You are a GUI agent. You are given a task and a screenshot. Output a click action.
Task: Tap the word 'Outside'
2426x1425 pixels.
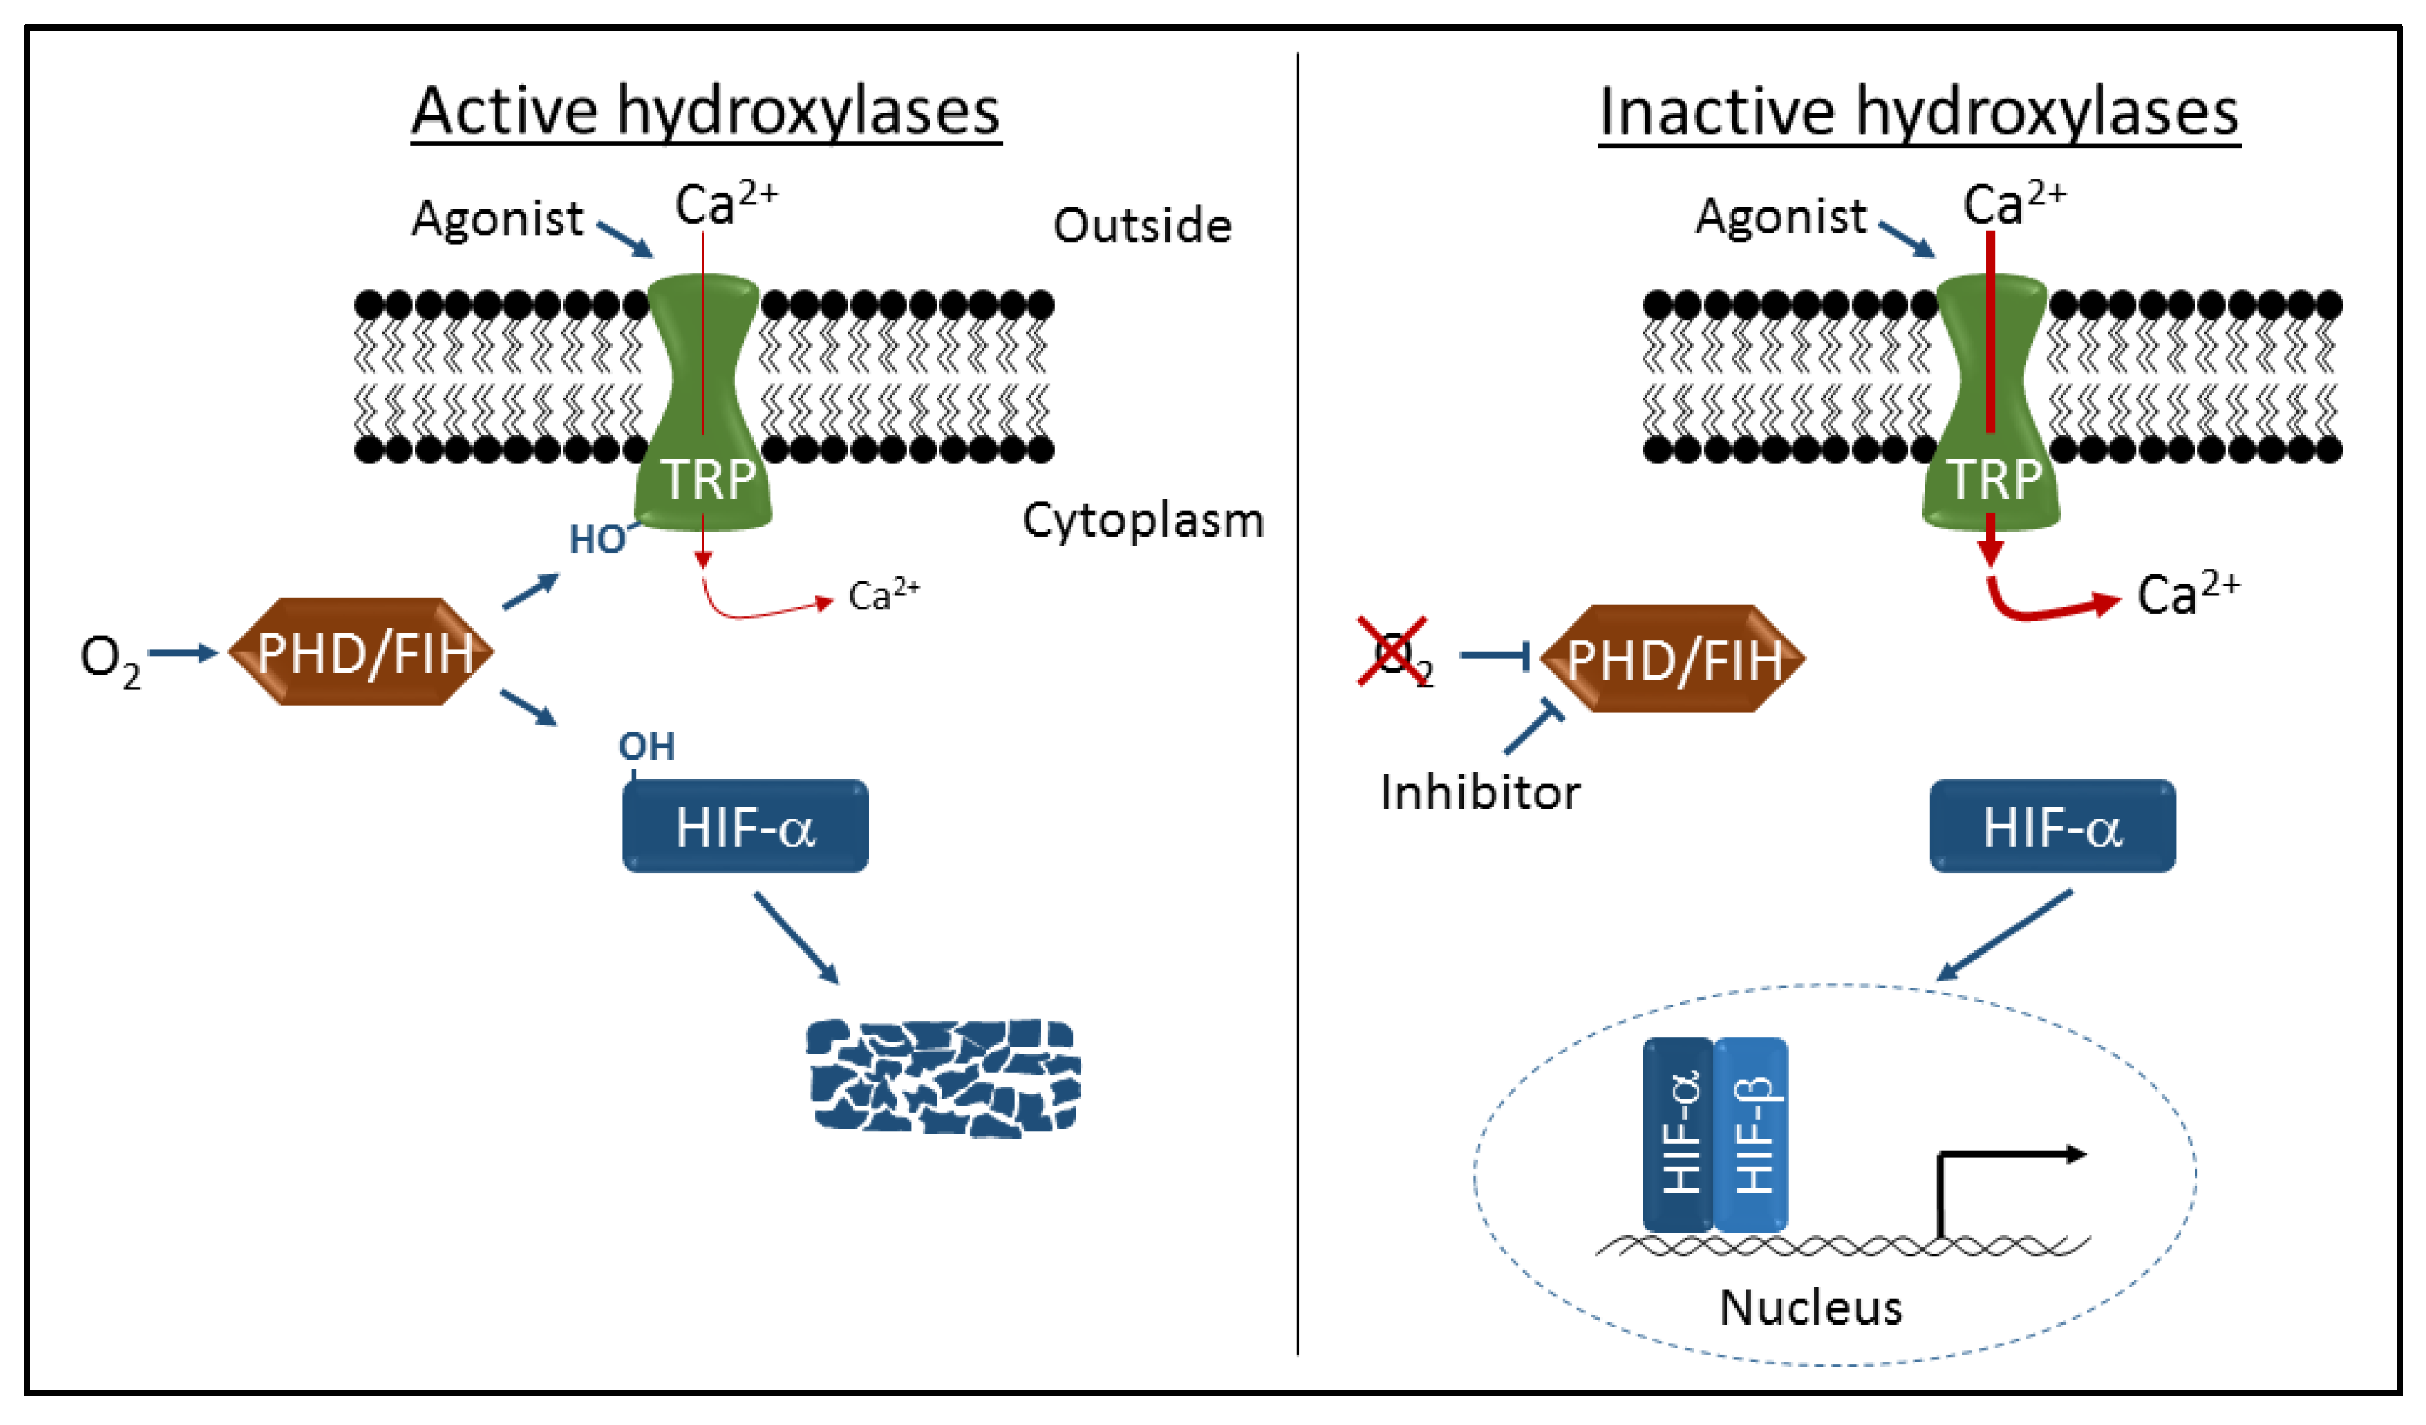coord(1142,225)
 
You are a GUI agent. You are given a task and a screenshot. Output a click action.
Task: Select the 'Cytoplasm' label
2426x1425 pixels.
coord(1142,520)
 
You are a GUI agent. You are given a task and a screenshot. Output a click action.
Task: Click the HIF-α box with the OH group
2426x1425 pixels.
coord(745,826)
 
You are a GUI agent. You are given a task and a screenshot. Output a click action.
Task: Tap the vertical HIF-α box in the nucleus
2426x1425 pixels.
coord(1678,1134)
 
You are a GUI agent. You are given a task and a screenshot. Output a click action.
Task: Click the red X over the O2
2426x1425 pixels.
coord(1392,652)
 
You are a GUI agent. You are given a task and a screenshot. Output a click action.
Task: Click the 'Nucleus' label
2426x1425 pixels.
coord(1810,1307)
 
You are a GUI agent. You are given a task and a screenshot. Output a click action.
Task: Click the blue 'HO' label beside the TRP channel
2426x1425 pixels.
coord(597,540)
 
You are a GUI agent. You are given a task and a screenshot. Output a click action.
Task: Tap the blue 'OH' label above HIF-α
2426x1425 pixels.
coord(646,746)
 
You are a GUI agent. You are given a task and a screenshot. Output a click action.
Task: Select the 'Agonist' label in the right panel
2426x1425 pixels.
coord(1780,216)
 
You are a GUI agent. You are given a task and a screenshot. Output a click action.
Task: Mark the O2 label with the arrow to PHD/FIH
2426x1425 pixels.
coord(109,660)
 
